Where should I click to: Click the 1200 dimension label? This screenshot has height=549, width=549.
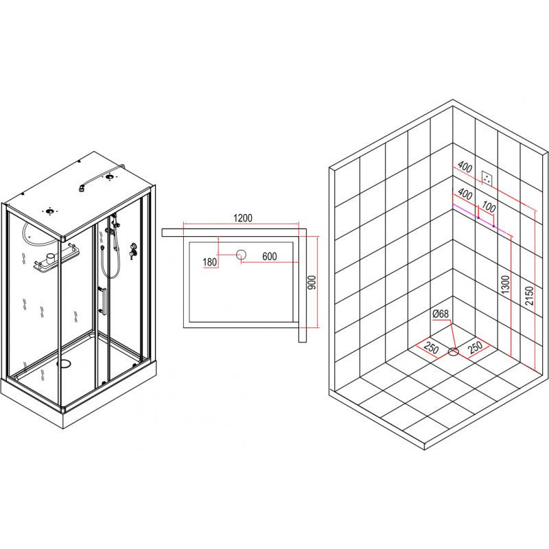tap(243, 218)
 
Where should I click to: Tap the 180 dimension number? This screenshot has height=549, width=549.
tap(210, 262)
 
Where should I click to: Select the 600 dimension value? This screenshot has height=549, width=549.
tap(270, 256)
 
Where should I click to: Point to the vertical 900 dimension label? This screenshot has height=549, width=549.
tap(312, 282)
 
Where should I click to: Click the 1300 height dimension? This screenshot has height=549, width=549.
tap(505, 285)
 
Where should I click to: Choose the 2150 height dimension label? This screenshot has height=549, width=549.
tap(529, 296)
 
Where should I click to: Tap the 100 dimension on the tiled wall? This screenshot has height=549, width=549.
tap(489, 207)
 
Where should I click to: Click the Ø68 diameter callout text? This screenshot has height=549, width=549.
tap(441, 314)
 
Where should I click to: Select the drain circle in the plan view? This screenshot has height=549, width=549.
tap(241, 255)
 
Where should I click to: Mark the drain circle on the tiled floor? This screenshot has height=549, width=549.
tap(454, 351)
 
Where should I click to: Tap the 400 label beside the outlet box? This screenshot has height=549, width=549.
tap(465, 167)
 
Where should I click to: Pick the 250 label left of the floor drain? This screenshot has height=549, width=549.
tap(431, 349)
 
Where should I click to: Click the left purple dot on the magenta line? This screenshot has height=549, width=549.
tap(478, 218)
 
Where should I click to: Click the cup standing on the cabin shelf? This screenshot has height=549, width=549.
tap(51, 259)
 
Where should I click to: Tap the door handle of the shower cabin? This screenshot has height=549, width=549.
tap(102, 300)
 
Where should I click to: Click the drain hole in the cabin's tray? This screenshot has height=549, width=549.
tap(64, 364)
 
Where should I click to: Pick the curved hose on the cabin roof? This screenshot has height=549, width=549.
tap(101, 176)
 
